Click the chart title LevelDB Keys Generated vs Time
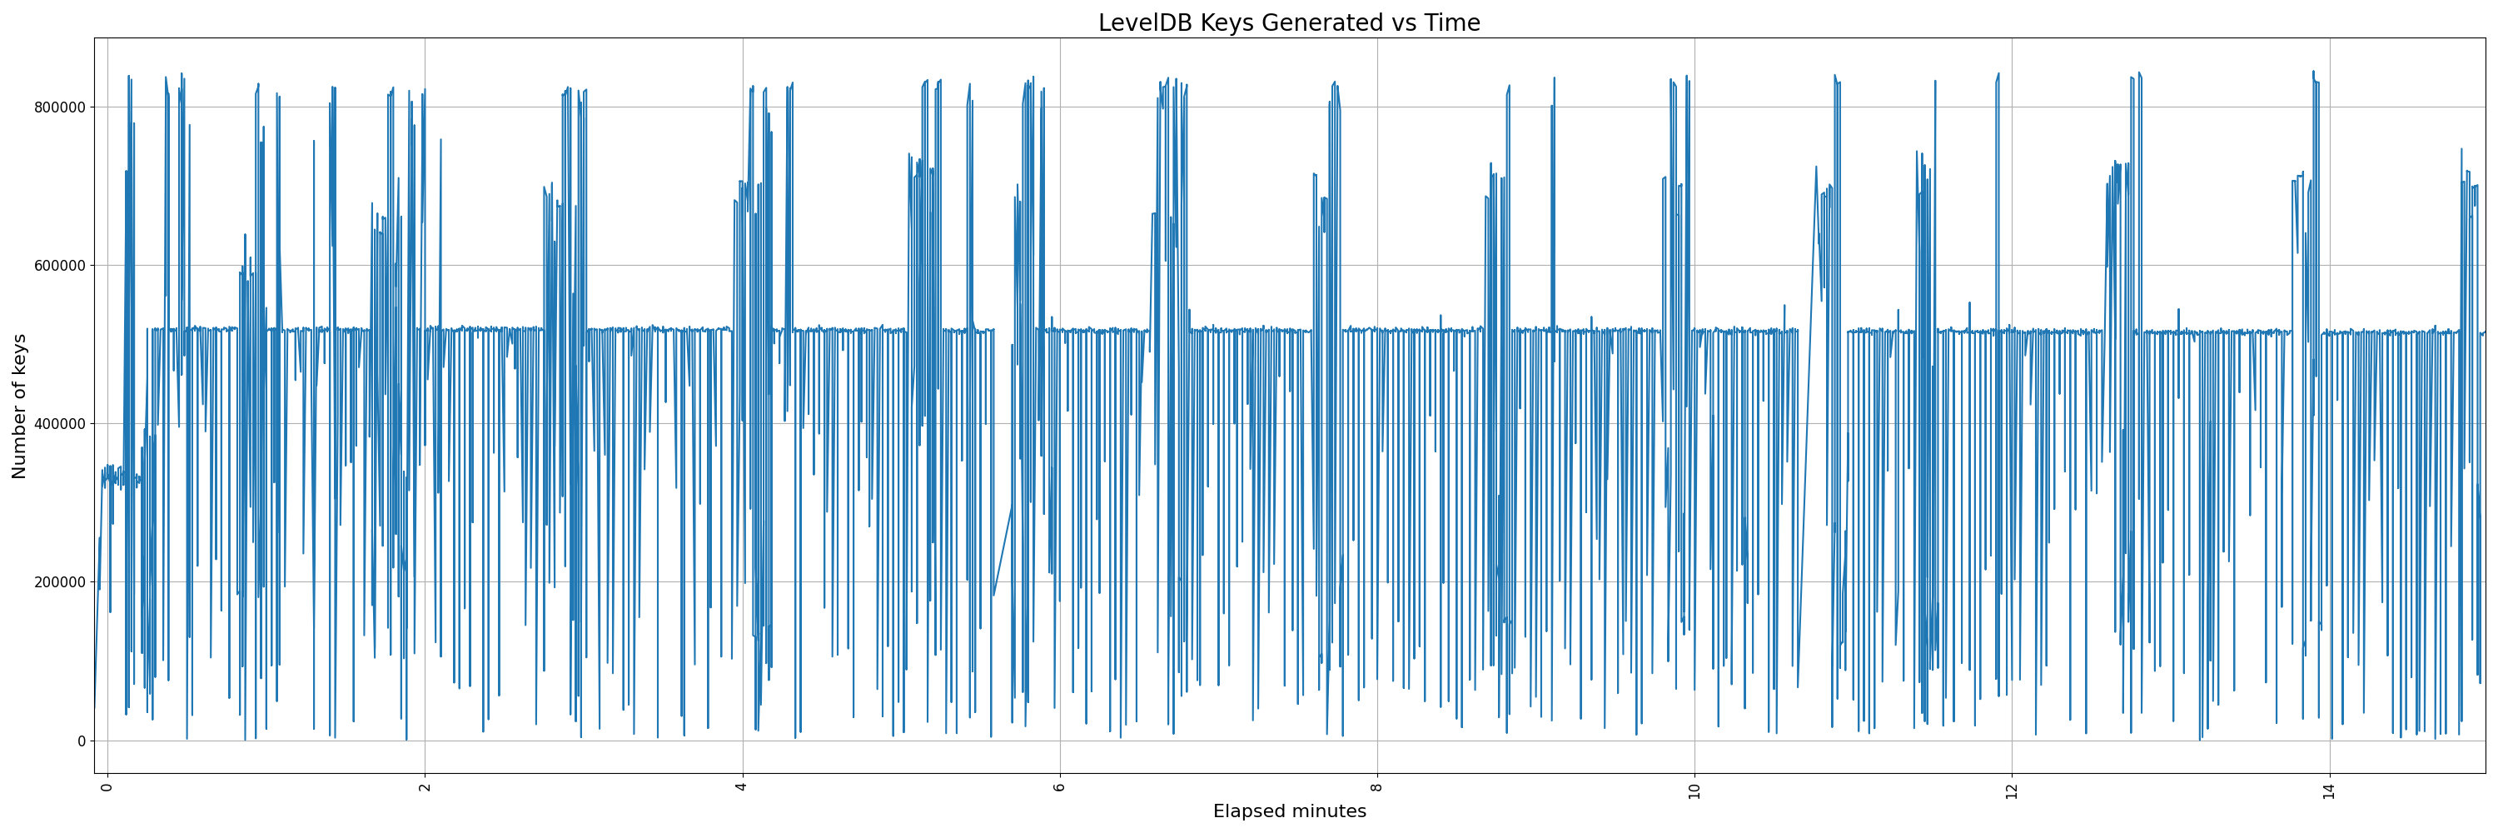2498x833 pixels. (x=1289, y=23)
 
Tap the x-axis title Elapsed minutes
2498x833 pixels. (x=1289, y=811)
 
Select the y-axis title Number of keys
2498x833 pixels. (x=19, y=407)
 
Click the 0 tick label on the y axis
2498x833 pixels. (x=82, y=741)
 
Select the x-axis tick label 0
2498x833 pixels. (x=107, y=786)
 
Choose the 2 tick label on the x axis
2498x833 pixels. (x=425, y=786)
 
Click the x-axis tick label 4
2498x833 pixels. (x=742, y=786)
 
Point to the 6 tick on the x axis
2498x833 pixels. (x=1060, y=786)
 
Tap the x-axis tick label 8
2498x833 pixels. (x=1377, y=786)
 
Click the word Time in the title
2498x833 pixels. (x=1451, y=23)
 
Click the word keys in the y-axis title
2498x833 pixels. (x=19, y=357)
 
